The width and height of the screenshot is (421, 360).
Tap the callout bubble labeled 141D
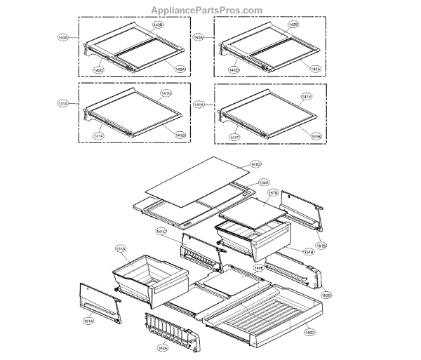click(255, 164)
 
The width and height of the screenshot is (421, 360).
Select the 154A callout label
click(263, 182)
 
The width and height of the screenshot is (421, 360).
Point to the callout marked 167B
click(273, 192)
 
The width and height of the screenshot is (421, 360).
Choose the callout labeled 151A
click(120, 248)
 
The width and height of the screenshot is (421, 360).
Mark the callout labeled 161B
click(322, 246)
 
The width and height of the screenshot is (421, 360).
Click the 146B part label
click(259, 268)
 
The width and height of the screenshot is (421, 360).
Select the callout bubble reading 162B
click(326, 295)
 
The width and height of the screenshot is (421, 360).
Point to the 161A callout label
click(88, 322)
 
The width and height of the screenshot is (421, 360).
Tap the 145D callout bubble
click(309, 333)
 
